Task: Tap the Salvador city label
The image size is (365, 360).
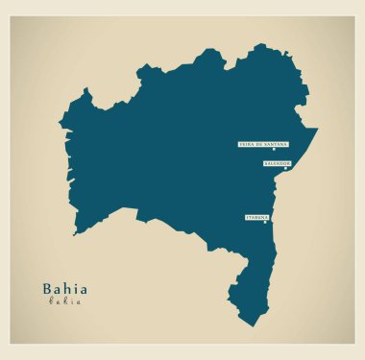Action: [277, 163]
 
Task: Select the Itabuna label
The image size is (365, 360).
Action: [256, 218]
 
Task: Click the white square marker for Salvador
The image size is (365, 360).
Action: [285, 168]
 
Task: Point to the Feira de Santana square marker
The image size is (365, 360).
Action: [273, 149]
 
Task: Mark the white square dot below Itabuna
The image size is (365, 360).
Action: [265, 223]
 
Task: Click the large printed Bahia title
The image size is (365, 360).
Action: [64, 288]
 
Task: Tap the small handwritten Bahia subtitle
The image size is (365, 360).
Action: [64, 301]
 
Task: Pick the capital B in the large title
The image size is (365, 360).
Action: [47, 288]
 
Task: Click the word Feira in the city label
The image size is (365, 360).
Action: [245, 144]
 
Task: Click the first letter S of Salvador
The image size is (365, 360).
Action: [265, 163]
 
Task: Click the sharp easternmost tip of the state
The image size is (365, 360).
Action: [317, 129]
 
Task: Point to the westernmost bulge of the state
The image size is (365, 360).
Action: [60, 125]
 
